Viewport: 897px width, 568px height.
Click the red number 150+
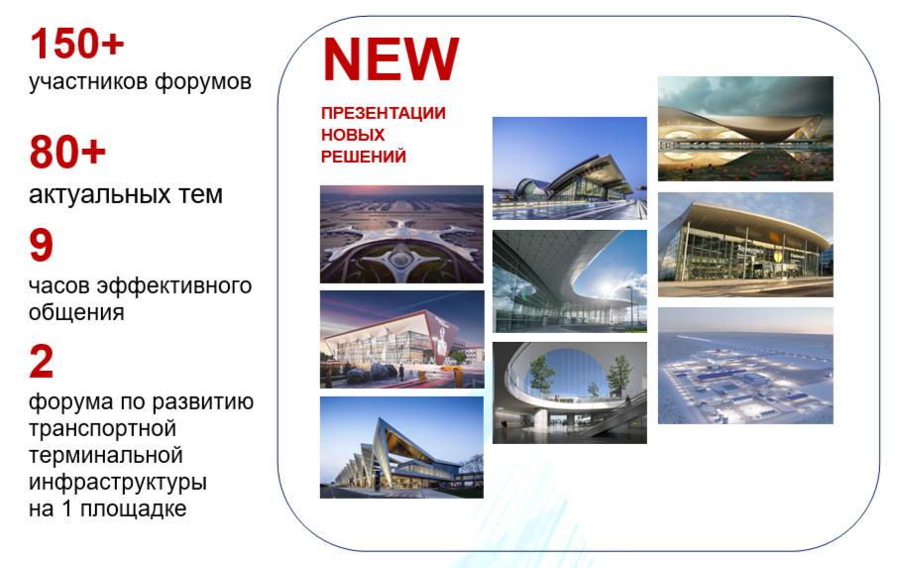click(x=77, y=44)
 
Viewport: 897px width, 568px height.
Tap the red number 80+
click(x=68, y=152)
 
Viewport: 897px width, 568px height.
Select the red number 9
click(x=42, y=245)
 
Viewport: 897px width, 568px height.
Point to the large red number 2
click(x=42, y=361)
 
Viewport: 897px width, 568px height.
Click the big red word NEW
click(x=391, y=58)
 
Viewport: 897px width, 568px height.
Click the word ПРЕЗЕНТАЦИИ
click(x=384, y=113)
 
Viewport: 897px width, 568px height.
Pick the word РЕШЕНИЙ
click(x=364, y=157)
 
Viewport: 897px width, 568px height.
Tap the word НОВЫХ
click(x=353, y=135)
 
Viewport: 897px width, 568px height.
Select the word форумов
click(x=203, y=82)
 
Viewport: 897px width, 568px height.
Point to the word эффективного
click(x=173, y=285)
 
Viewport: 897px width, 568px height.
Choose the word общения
click(x=76, y=312)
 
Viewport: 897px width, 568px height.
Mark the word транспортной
click(x=102, y=428)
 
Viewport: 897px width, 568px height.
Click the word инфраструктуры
click(x=117, y=482)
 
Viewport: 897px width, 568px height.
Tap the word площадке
click(x=133, y=509)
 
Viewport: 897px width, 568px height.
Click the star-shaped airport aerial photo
click(x=401, y=234)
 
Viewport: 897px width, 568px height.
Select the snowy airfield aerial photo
click(x=745, y=366)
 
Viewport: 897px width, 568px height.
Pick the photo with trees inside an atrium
click(x=570, y=393)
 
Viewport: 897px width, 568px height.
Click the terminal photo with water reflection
click(x=745, y=129)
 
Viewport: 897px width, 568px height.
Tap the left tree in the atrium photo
click(x=541, y=375)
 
